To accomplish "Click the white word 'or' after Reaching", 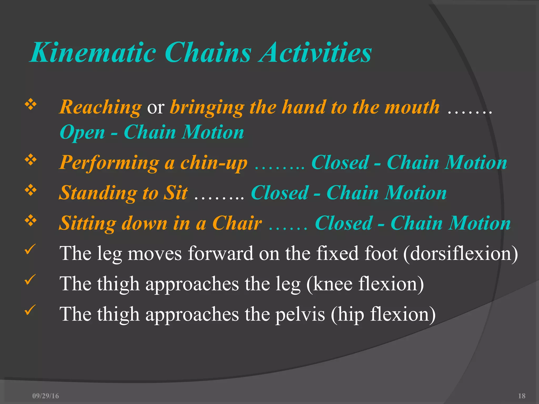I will (156, 108).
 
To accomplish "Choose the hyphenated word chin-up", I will (214, 163).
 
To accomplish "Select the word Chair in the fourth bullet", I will (237, 223).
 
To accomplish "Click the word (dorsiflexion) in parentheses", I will (460, 254).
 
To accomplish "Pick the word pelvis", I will (300, 315).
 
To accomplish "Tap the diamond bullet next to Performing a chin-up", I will (31, 160).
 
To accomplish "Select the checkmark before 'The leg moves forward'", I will (30, 249).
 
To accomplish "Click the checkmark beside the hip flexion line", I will (30, 310).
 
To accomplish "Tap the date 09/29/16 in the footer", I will (46, 396).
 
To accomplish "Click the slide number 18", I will (522, 396).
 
